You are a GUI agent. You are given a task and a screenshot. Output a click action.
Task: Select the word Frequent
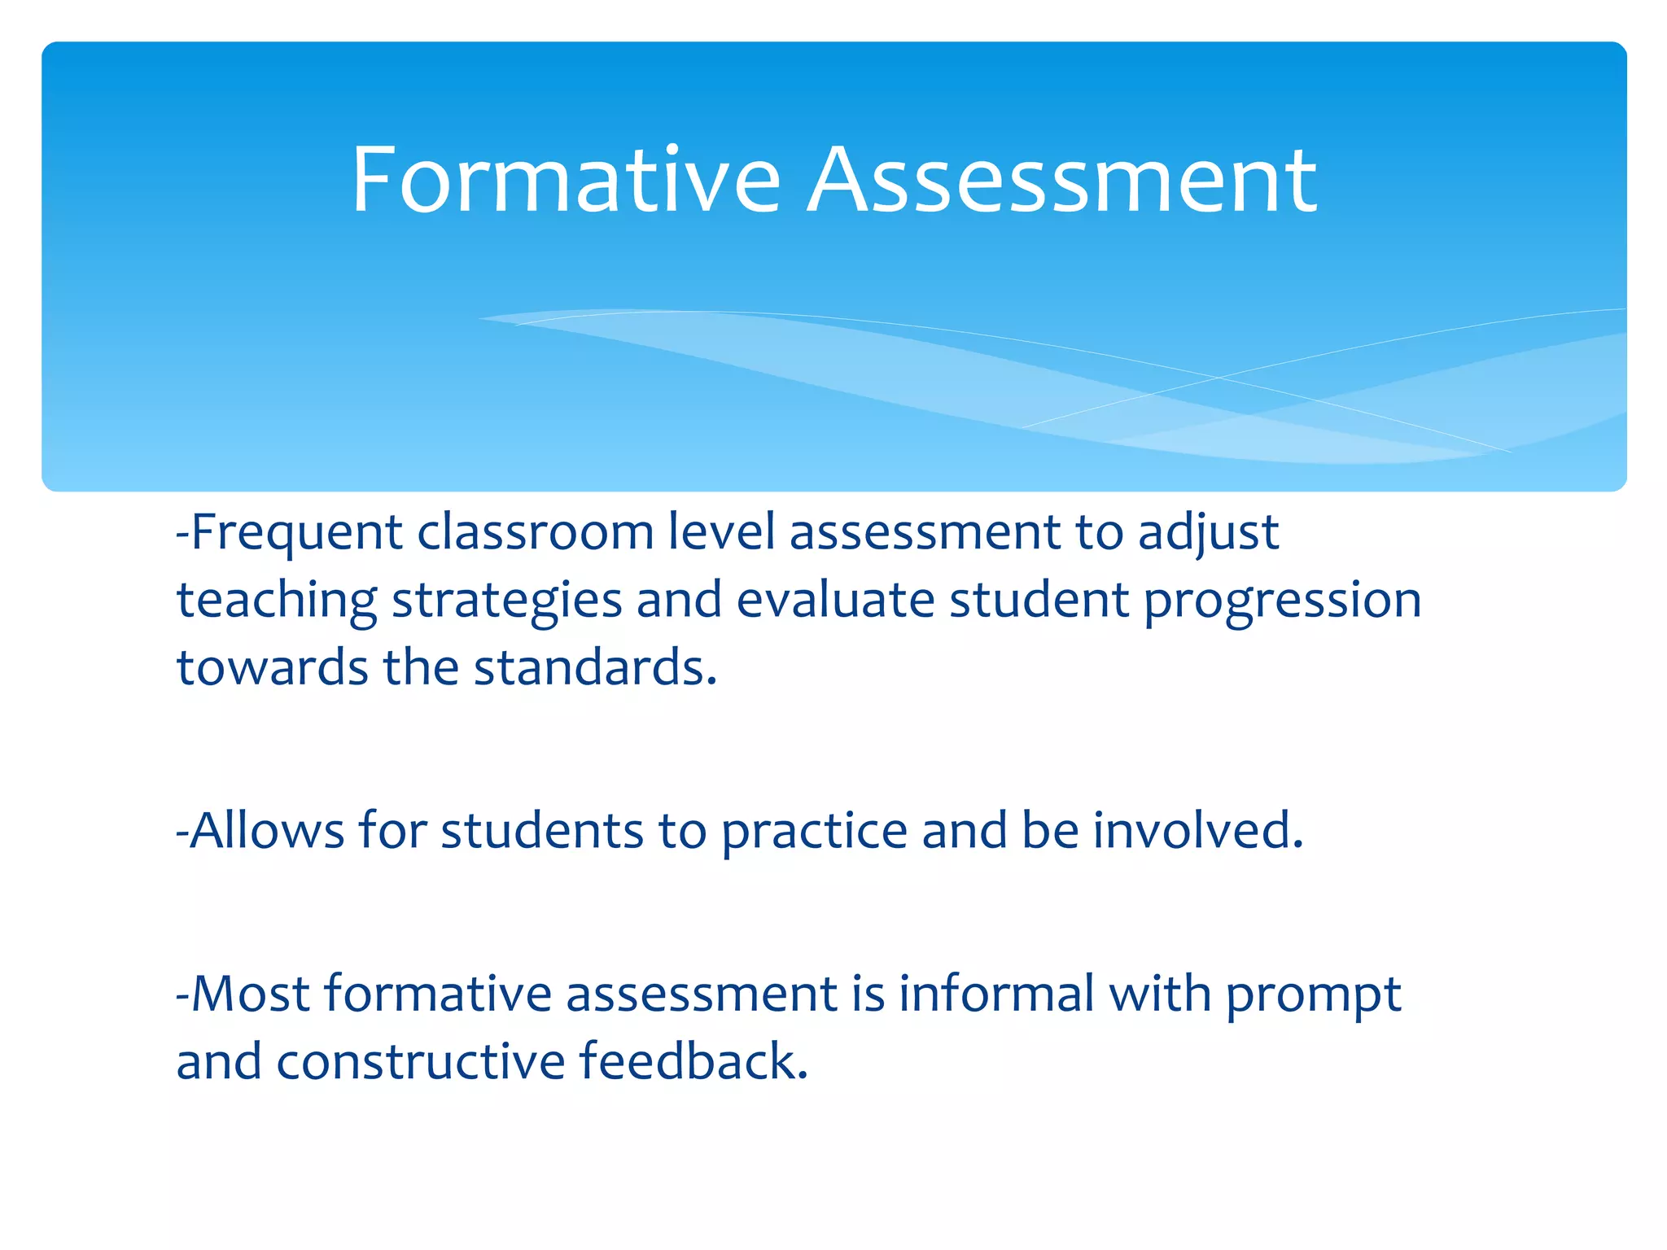click(296, 534)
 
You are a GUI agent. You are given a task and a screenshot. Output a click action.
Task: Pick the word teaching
click(277, 602)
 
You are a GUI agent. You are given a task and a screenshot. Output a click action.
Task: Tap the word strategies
click(507, 602)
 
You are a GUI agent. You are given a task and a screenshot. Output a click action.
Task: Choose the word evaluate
click(836, 601)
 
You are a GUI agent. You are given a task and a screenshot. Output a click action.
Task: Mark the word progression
click(1283, 602)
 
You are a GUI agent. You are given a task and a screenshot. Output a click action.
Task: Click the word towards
click(273, 668)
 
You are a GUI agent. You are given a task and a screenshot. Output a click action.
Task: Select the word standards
click(594, 668)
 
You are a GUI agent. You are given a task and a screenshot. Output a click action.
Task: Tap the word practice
click(814, 833)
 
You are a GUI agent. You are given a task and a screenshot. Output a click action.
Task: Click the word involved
click(1197, 831)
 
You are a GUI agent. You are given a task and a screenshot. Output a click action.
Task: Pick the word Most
click(251, 994)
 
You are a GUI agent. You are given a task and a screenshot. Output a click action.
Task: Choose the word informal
click(996, 994)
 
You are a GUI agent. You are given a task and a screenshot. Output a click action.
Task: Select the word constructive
click(420, 1063)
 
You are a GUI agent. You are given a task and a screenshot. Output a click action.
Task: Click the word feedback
click(693, 1061)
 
